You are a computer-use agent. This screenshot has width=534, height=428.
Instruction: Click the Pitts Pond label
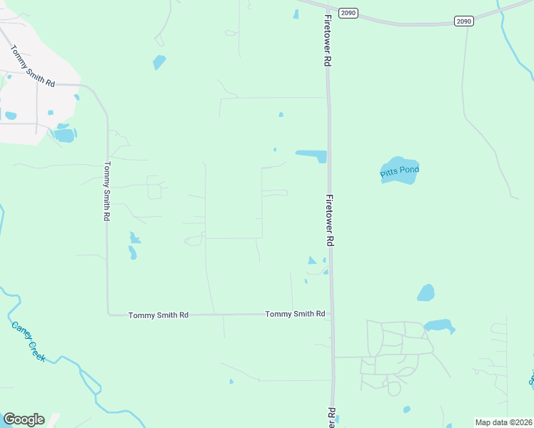click(x=399, y=170)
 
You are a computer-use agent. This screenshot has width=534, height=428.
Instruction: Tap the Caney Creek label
click(x=29, y=341)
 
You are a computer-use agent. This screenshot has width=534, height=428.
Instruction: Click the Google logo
click(x=24, y=419)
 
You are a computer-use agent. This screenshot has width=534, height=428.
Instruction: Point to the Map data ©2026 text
click(x=503, y=422)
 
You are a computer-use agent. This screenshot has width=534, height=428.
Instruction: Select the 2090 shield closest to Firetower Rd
click(x=348, y=13)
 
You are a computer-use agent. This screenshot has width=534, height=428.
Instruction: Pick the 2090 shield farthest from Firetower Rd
click(x=464, y=21)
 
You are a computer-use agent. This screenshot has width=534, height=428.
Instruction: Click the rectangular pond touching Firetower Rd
click(x=311, y=156)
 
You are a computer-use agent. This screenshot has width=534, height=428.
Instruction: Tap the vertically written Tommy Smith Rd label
click(x=106, y=190)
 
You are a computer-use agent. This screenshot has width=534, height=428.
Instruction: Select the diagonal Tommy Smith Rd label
click(x=32, y=66)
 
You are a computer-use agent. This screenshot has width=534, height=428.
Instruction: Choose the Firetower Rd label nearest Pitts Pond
click(x=330, y=220)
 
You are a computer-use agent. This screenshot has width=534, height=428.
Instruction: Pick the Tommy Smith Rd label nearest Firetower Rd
click(x=295, y=314)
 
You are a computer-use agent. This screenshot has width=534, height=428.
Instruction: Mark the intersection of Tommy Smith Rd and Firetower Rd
click(x=331, y=314)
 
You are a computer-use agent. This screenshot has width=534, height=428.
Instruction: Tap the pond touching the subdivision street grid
click(x=438, y=327)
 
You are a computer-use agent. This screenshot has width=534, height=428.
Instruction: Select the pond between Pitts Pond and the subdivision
click(x=425, y=293)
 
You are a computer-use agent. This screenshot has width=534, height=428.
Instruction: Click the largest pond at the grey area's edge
click(x=64, y=135)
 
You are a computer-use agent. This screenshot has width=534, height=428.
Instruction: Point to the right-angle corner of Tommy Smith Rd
click(x=109, y=314)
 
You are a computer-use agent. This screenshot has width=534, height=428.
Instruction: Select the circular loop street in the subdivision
click(x=392, y=388)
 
